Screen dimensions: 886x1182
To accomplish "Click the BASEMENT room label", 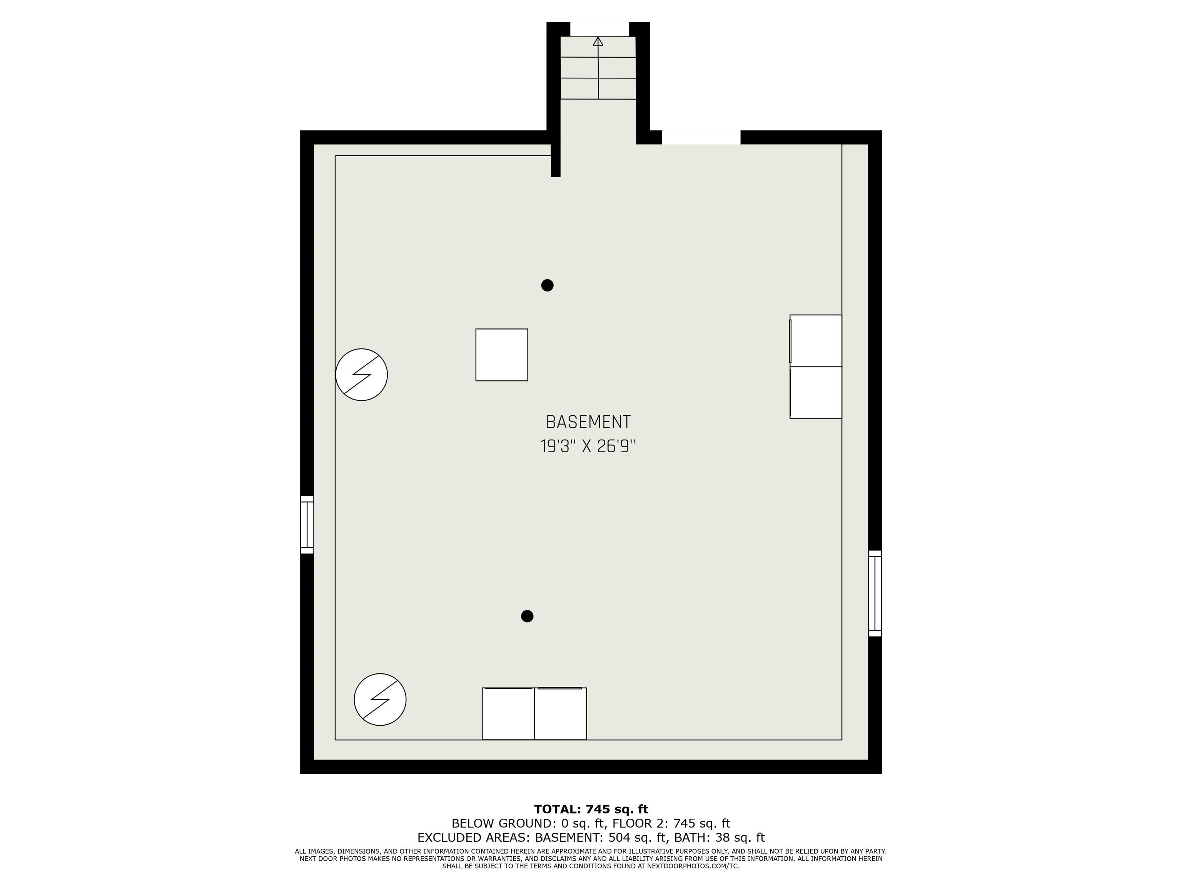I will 588,423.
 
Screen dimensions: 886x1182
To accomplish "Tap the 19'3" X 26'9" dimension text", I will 588,446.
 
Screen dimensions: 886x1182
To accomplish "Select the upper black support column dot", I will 547,285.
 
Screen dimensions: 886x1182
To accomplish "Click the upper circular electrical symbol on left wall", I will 361,375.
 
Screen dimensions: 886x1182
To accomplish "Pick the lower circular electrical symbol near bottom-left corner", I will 380,699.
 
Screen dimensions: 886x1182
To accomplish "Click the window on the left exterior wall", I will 307,525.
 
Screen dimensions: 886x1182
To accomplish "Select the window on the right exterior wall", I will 875,593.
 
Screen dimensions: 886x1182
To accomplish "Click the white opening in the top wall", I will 701,137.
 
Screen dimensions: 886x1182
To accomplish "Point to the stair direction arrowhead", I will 598,41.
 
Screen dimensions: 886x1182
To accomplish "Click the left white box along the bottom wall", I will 508,713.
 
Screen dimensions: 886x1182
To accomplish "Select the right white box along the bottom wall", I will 561,713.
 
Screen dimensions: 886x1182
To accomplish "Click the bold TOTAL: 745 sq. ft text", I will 591,809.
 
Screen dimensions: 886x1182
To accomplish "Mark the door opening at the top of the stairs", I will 599,29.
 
